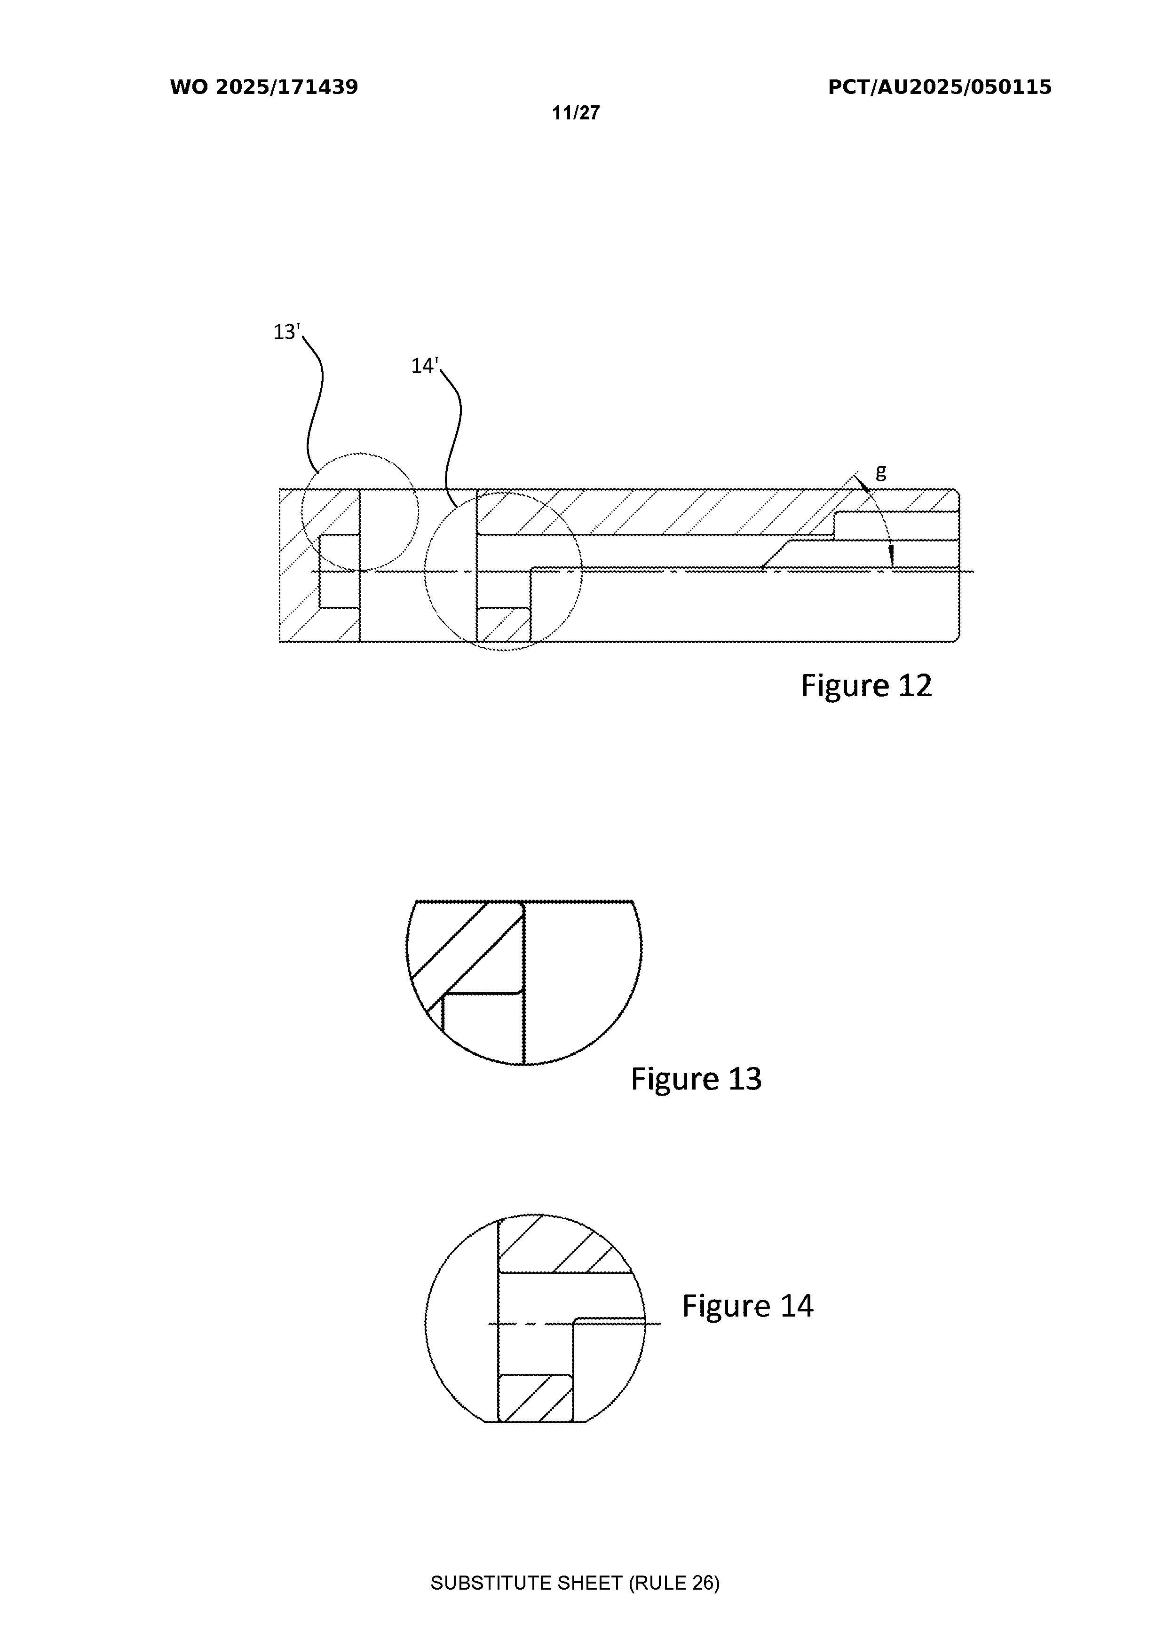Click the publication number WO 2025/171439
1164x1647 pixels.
(264, 87)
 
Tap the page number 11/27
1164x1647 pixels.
(576, 113)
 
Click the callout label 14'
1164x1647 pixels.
(424, 366)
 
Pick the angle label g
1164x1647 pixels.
(881, 472)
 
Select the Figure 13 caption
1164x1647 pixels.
(696, 1078)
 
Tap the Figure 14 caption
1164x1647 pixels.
(748, 1306)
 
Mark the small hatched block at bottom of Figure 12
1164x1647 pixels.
(504, 624)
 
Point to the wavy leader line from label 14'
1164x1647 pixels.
(452, 438)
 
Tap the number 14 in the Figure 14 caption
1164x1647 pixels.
(797, 1306)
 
